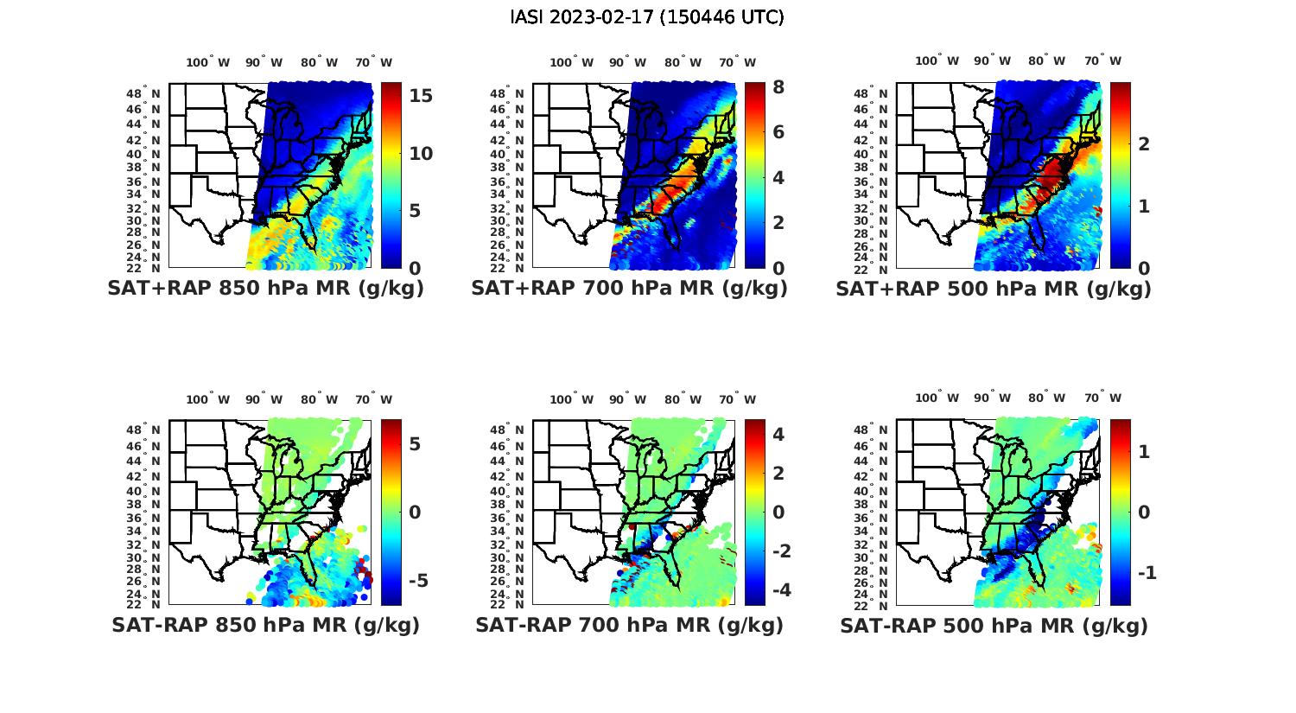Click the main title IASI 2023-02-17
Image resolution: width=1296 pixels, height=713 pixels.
(647, 17)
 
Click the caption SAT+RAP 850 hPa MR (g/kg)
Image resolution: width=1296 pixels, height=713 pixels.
(265, 289)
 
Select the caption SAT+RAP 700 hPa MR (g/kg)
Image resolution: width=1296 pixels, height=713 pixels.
(629, 289)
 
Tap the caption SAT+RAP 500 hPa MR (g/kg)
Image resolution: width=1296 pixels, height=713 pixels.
(994, 289)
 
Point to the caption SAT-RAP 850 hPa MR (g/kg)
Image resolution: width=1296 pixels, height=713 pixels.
(265, 625)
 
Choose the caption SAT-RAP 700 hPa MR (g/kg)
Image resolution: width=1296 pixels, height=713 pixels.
(629, 625)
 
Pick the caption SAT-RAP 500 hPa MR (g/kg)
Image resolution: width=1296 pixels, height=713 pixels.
(994, 625)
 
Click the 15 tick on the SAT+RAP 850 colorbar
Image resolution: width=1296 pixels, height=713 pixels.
(421, 96)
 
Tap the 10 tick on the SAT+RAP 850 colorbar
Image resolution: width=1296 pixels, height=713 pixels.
(421, 154)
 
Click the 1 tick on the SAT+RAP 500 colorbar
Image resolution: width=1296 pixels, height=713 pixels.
(1143, 206)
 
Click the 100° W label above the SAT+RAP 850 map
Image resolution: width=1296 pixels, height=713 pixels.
(208, 62)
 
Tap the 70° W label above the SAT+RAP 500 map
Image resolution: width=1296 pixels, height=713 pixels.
(1102, 60)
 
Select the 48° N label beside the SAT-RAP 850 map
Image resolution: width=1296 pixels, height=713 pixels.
(151, 430)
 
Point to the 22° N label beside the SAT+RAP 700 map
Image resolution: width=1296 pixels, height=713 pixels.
(515, 268)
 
